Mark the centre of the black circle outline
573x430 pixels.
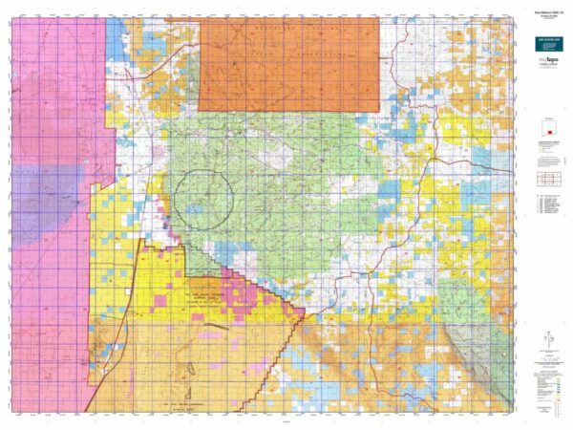tap(203, 199)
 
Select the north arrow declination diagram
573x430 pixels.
tap(548, 340)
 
